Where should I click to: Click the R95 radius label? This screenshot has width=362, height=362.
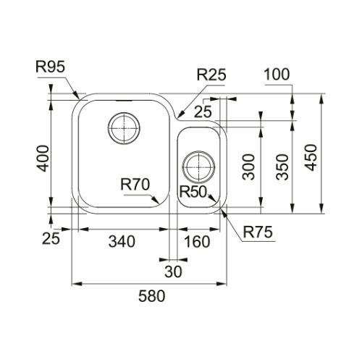click(51, 67)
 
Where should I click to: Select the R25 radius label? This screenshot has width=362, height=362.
click(211, 75)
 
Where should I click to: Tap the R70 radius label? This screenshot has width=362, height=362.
click(135, 185)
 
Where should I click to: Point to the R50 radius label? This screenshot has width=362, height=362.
click(193, 192)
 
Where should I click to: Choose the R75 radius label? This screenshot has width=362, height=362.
click(258, 232)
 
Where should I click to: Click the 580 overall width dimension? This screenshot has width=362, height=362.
click(152, 296)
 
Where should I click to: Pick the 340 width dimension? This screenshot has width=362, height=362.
click(122, 242)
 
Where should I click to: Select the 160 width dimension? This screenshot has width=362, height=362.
click(197, 242)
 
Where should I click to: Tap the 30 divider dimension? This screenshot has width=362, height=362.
click(173, 271)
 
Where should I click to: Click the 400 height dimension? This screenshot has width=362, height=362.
click(43, 159)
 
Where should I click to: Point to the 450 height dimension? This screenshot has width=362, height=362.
click(311, 158)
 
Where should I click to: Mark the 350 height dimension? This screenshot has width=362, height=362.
click(282, 167)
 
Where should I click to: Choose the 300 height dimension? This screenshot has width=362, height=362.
click(248, 167)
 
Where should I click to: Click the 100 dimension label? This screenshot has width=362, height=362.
click(277, 75)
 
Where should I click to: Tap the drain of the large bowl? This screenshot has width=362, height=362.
click(124, 128)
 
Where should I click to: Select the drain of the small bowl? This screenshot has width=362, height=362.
click(198, 167)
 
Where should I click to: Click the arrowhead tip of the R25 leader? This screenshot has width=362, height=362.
click(177, 118)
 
